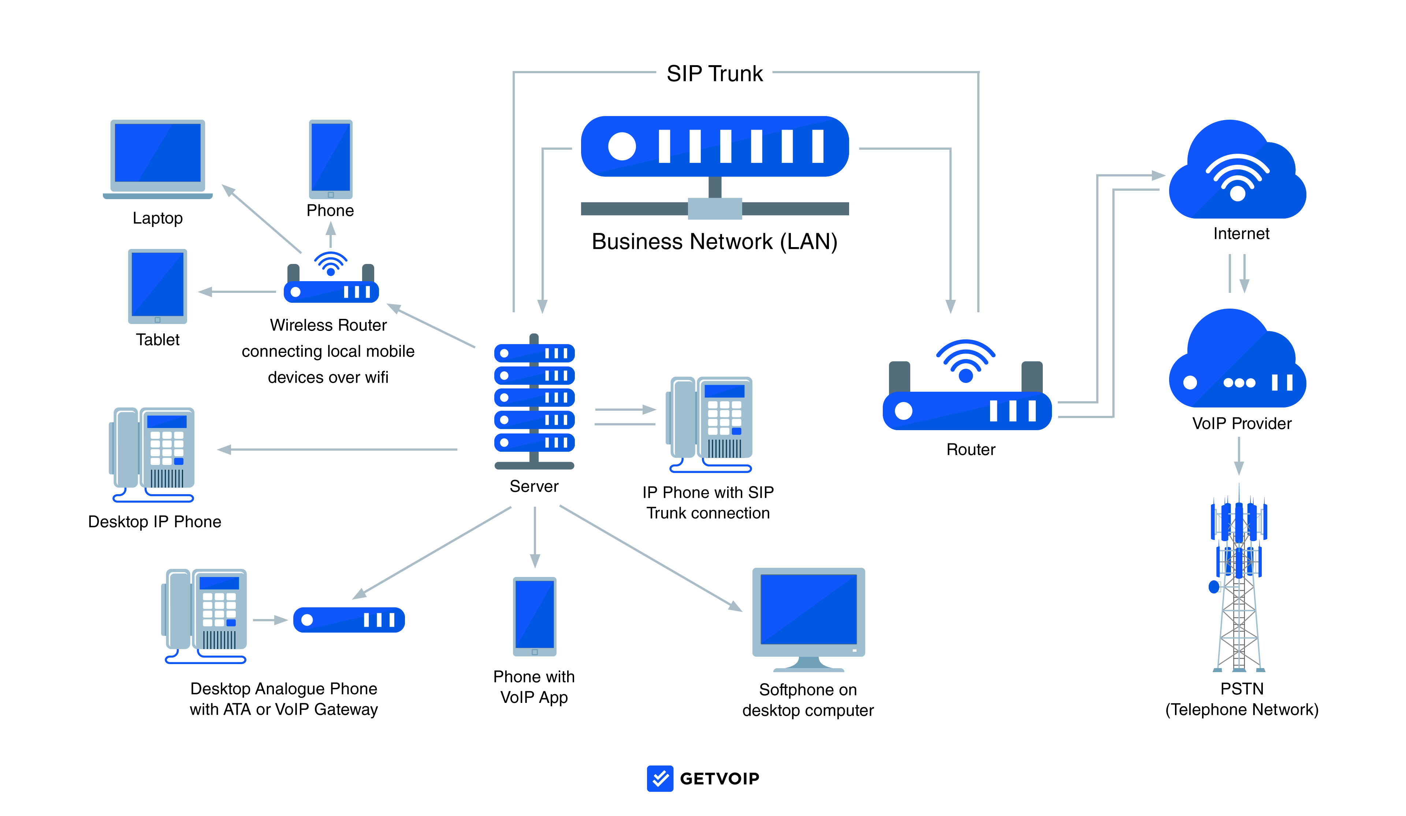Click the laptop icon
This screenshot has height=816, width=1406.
pos(158,159)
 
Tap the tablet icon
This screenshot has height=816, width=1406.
pos(157,286)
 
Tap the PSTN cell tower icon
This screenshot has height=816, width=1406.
pos(1239,577)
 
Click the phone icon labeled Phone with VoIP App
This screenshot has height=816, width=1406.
pos(535,616)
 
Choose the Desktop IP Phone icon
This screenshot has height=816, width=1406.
pos(152,455)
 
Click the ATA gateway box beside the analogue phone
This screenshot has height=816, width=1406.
pos(349,620)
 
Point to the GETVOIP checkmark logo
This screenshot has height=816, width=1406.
pos(660,778)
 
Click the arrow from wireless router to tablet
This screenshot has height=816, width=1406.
pos(237,292)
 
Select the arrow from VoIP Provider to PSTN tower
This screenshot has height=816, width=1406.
pos(1239,456)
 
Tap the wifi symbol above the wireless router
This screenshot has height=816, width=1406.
pos(331,263)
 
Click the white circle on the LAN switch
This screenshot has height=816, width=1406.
pos(622,146)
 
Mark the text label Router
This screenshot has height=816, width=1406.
pos(971,450)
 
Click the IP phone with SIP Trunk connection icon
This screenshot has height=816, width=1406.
pos(709,424)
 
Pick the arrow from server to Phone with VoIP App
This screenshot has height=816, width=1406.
pos(535,537)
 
